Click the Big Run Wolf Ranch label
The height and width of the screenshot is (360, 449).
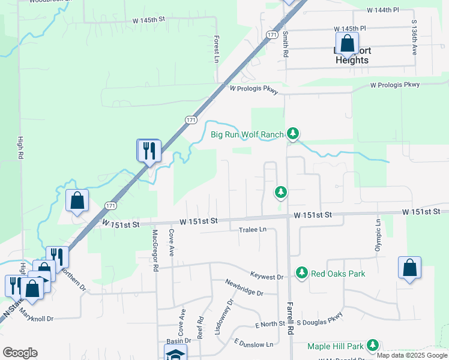[x=247, y=134]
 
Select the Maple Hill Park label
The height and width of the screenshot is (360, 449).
[x=336, y=346]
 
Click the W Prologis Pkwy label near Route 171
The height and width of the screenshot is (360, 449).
[x=254, y=89]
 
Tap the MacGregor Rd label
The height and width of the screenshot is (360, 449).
[x=155, y=251]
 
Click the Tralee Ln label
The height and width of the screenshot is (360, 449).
[x=252, y=230]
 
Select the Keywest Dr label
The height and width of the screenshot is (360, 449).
[x=267, y=277]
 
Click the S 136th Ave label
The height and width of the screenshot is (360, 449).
[x=414, y=37]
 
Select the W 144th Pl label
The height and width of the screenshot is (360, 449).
[x=383, y=10]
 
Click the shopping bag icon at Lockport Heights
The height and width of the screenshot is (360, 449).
[x=346, y=43]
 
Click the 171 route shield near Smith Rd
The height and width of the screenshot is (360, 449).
[x=273, y=36]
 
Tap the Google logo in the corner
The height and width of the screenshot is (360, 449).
[x=20, y=353]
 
